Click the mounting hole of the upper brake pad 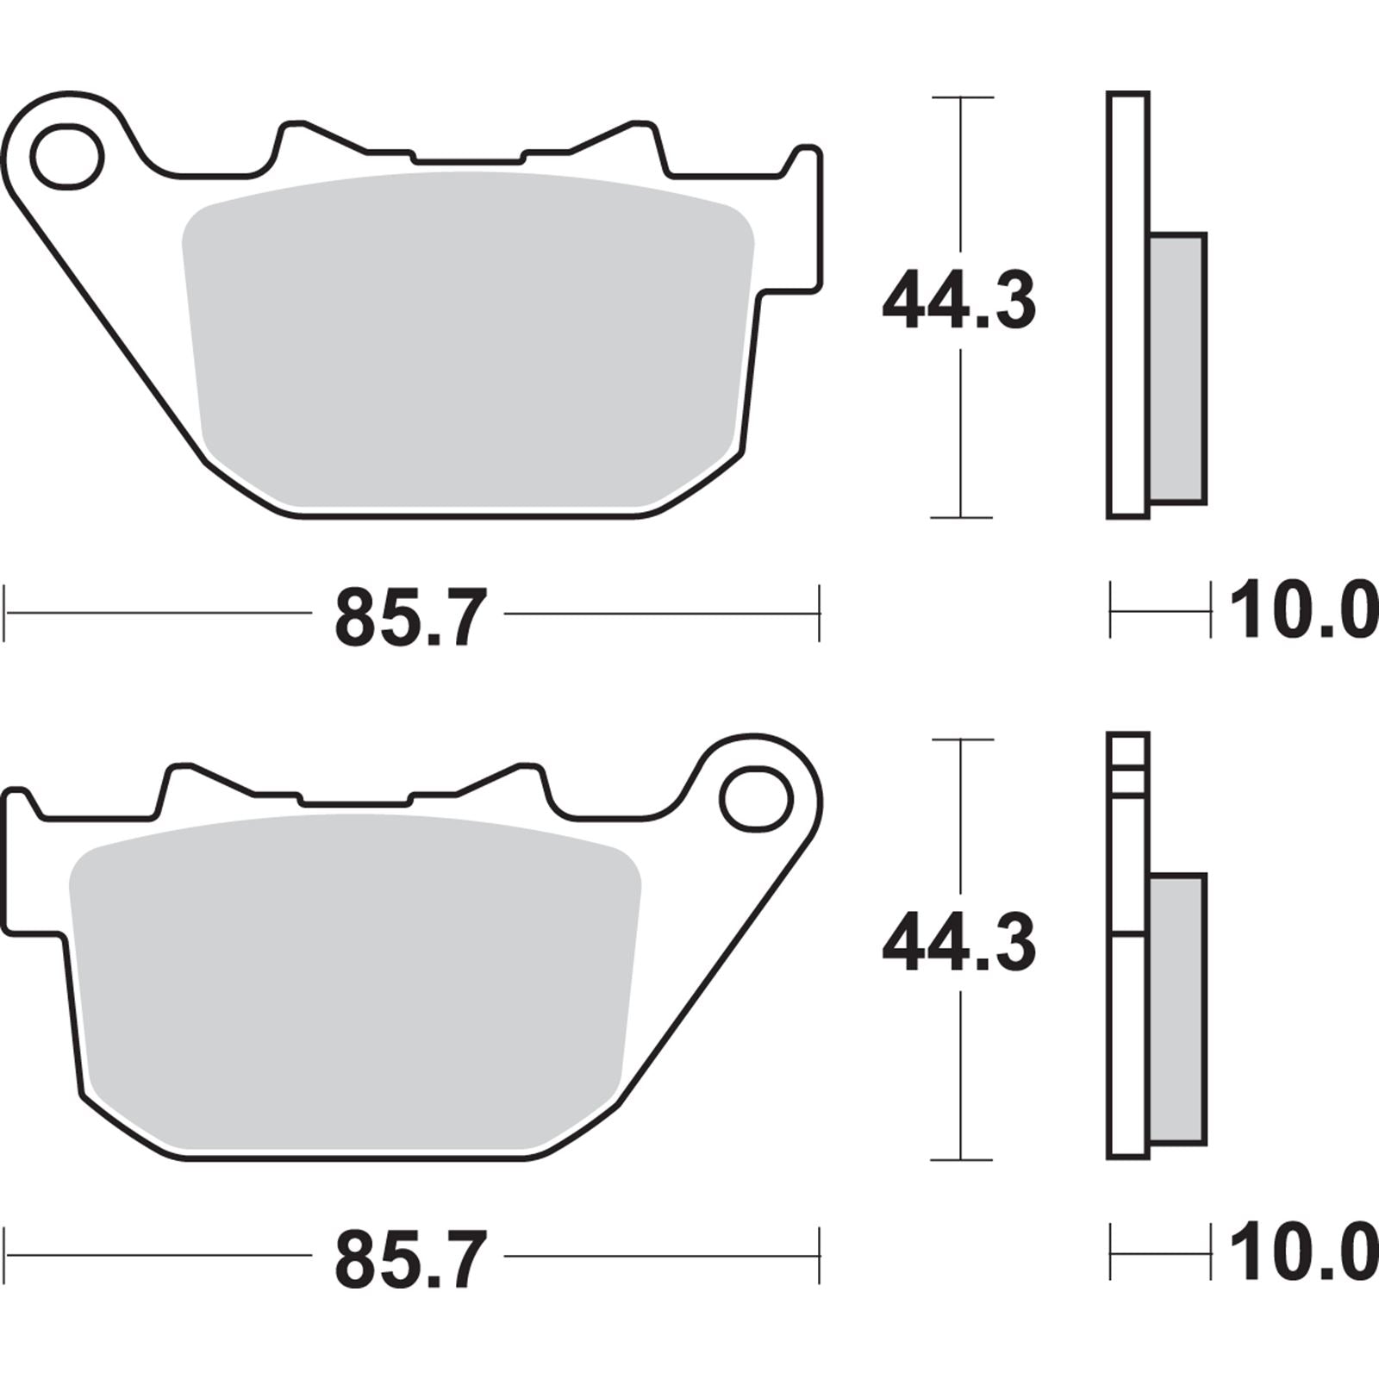click(x=67, y=155)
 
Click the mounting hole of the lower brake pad click(x=756, y=801)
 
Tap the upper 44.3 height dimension click(x=958, y=301)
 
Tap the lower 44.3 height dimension click(x=958, y=944)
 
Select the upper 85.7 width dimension click(x=410, y=615)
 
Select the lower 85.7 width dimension click(x=410, y=1257)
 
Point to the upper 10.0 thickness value click(x=1301, y=611)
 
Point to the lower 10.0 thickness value click(x=1301, y=1254)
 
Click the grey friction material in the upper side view click(x=1178, y=368)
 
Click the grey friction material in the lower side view click(x=1178, y=1008)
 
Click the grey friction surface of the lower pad click(x=353, y=983)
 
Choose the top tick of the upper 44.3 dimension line click(x=961, y=97)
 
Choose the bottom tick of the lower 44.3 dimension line click(x=961, y=1160)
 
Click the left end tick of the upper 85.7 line click(x=7, y=614)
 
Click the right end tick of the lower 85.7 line click(x=819, y=1256)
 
